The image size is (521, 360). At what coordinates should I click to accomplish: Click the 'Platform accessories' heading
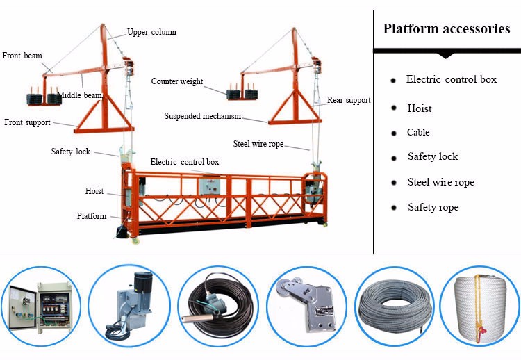447,29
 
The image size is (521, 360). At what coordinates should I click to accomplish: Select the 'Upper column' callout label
151,32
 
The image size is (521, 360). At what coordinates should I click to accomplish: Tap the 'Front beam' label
22,56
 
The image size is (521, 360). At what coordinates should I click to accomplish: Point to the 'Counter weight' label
177,81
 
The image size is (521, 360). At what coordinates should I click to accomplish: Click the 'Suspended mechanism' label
202,116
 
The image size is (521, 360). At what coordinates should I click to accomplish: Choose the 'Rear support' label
349,100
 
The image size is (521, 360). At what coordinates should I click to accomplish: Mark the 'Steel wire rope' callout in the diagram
259,144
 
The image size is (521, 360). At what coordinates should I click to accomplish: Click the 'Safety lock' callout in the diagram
70,152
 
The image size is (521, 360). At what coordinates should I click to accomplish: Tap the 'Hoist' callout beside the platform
94,191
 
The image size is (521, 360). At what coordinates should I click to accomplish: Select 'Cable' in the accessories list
418,132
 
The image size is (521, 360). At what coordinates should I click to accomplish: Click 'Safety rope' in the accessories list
433,207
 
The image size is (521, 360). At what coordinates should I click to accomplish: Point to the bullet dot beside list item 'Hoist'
393,108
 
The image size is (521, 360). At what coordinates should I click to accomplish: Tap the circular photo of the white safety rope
479,306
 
